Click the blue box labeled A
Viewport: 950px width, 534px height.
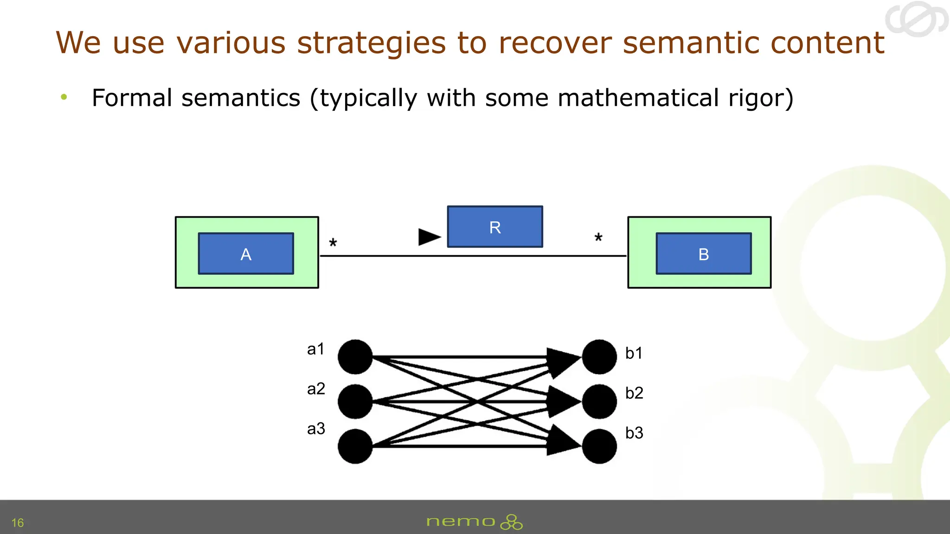[246, 254]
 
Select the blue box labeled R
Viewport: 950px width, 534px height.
[495, 227]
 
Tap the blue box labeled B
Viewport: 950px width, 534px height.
[703, 254]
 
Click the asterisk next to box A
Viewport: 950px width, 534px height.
[333, 243]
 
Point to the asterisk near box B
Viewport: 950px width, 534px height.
[598, 238]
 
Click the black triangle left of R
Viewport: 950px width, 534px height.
[428, 237]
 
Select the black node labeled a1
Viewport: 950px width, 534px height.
[355, 357]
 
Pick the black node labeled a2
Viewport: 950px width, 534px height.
[355, 401]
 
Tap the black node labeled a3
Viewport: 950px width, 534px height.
[355, 446]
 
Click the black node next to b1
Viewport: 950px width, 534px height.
[599, 357]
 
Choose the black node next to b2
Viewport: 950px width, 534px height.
[599, 401]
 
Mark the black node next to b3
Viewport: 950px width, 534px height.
[599, 446]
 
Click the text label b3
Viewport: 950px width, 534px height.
[634, 433]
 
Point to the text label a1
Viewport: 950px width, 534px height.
[316, 349]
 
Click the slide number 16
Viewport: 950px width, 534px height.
[18, 523]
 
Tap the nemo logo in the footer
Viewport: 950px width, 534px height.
[474, 522]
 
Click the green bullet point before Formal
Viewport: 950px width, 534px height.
[64, 97]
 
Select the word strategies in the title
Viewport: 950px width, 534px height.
[371, 43]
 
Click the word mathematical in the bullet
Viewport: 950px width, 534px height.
[638, 98]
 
